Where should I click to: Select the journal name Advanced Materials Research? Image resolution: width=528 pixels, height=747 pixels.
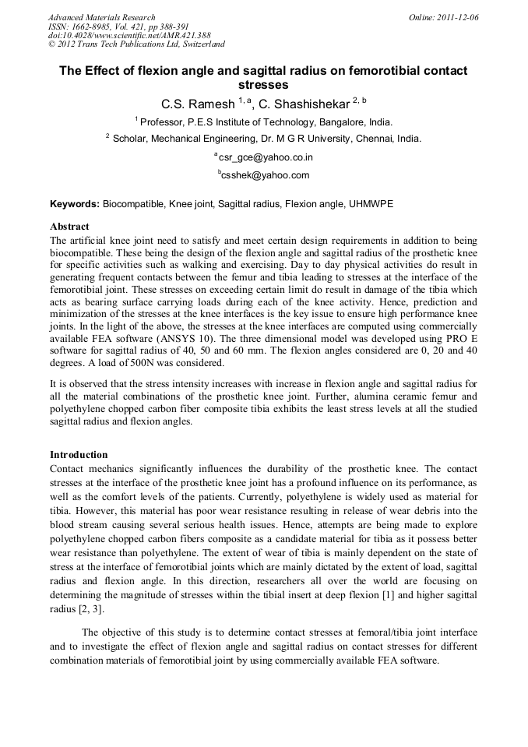pyautogui.click(x=101, y=17)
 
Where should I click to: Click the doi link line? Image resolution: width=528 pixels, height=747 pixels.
pyautogui.click(x=127, y=35)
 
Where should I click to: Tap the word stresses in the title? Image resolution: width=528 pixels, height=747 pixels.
pyautogui.click(x=263, y=84)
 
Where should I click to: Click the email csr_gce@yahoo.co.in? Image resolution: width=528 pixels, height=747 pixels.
pyautogui.click(x=266, y=157)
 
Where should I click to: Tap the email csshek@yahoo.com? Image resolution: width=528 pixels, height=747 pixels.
pyautogui.click(x=266, y=175)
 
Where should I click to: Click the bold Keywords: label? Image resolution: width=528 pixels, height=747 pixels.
pyautogui.click(x=75, y=203)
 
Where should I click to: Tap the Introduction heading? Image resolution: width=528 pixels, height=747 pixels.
pyautogui.click(x=79, y=454)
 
